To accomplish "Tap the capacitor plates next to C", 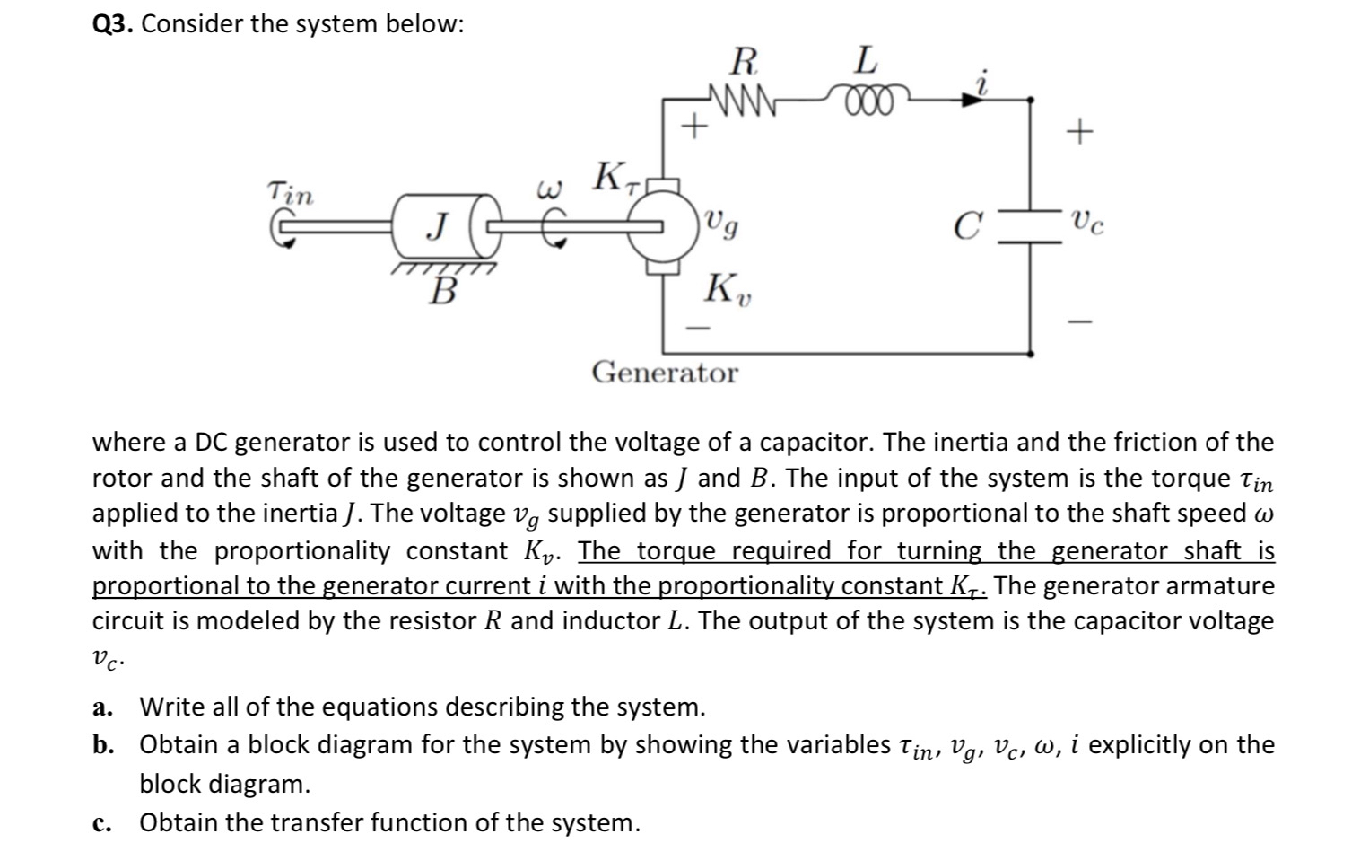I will click(x=1029, y=224).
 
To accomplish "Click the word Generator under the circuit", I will click(x=665, y=373).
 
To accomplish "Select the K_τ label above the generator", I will click(x=615, y=176).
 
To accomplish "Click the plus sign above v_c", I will click(x=1080, y=133).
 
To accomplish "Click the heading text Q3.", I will click(x=113, y=24).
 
